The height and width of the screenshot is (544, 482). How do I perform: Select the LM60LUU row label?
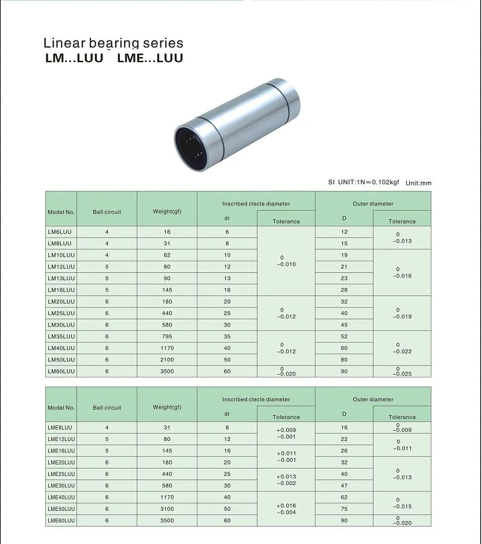(x=61, y=371)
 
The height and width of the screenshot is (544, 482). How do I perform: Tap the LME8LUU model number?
(x=60, y=428)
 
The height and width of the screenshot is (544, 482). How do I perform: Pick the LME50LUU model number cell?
(x=61, y=508)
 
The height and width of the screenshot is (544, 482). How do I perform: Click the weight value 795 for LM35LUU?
(x=167, y=336)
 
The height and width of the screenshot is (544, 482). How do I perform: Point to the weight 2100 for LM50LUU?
(x=167, y=360)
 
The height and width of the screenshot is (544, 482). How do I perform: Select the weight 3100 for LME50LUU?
(x=167, y=508)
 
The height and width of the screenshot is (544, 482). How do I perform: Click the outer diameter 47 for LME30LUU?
(x=344, y=486)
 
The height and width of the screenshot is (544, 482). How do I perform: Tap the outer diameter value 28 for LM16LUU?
(x=344, y=290)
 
